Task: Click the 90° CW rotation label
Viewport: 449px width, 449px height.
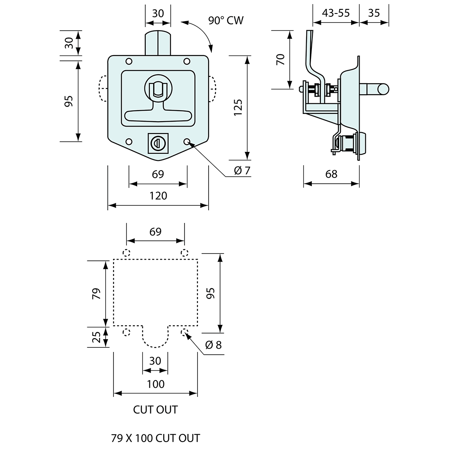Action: (x=226, y=20)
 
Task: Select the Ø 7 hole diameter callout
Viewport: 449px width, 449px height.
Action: (x=242, y=171)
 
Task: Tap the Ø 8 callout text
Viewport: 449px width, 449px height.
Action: (x=213, y=345)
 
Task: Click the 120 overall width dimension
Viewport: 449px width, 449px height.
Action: (x=158, y=196)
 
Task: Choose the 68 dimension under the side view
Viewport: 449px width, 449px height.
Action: (x=331, y=174)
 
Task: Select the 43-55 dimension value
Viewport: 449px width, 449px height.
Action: (x=336, y=13)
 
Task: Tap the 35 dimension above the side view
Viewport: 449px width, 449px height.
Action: (x=373, y=13)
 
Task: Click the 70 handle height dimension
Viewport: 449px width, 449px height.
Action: (x=280, y=60)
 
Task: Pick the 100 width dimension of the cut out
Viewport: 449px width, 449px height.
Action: (x=156, y=384)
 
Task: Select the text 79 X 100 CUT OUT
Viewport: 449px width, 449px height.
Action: (x=156, y=438)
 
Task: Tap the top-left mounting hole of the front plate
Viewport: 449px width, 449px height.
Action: (x=129, y=62)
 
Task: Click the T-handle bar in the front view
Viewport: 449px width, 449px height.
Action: (x=158, y=116)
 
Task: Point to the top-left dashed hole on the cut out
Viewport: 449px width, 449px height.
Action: (x=127, y=252)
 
